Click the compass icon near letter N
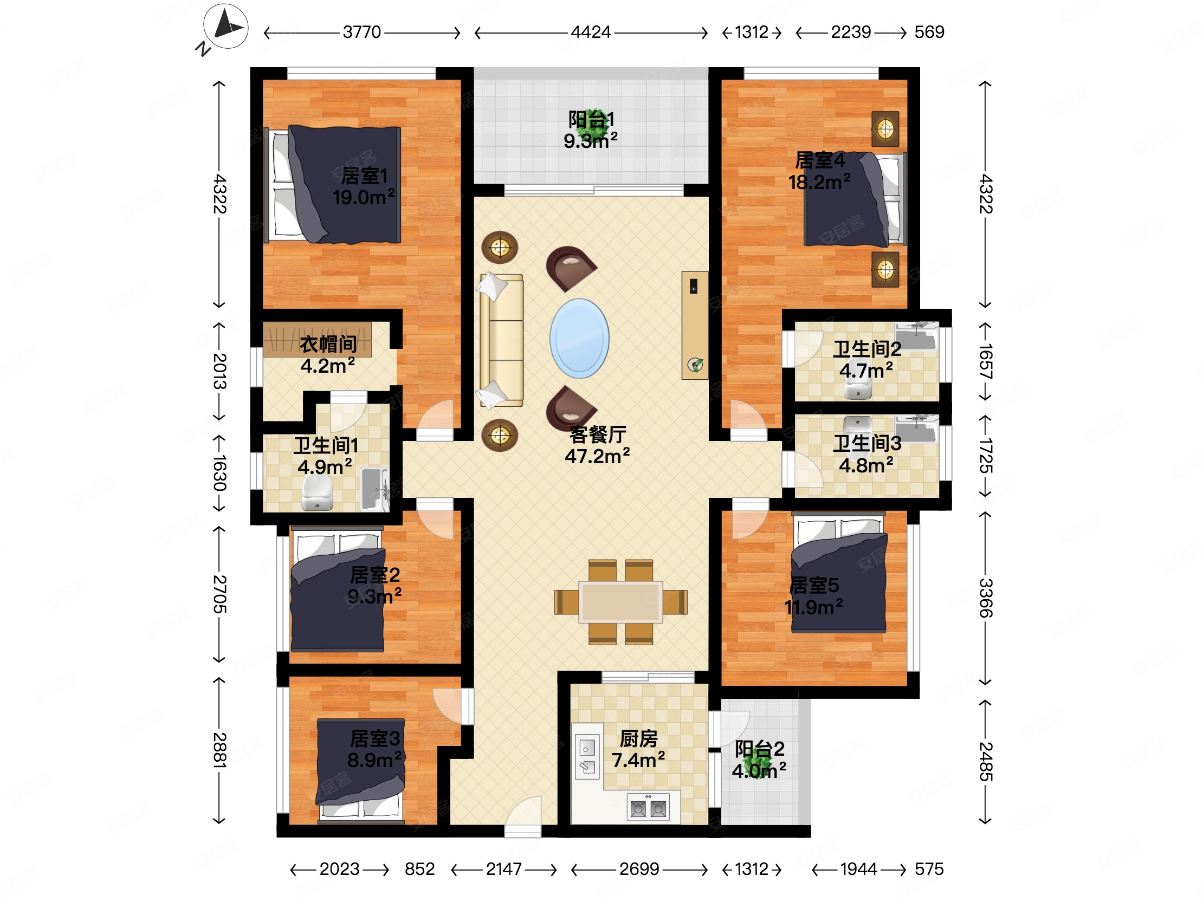pos(226,26)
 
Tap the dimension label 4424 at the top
pos(591,32)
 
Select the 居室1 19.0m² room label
pos(364,186)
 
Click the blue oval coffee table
pos(579,338)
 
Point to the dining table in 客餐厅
pos(620,602)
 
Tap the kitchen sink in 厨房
pos(587,756)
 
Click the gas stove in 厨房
pos(648,807)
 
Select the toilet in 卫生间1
pos(317,493)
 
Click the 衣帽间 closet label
pos(328,344)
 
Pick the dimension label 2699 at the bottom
pos(639,869)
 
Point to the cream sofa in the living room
pos(501,340)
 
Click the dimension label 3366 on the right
pos(986,598)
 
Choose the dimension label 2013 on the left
pos(219,371)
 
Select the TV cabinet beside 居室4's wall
pos(695,325)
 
